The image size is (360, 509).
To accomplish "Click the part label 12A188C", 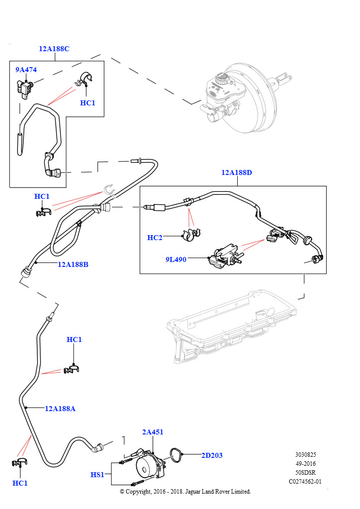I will coord(54,49).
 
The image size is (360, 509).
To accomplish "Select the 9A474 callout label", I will coord(26,70).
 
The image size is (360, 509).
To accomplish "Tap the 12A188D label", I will coord(237,172).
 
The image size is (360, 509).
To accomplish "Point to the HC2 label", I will coord(155,238).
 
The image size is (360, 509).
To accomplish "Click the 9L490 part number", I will coord(176,259).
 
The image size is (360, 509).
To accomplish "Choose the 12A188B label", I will coord(73,264).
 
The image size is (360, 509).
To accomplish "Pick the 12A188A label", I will coord(60,409).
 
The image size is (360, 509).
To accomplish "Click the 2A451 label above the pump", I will coord(153,432).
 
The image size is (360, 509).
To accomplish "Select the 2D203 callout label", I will coord(212,455).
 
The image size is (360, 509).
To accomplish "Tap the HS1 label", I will coord(97,475).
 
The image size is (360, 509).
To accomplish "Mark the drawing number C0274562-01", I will coord(305,481).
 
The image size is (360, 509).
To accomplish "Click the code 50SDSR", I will coord(305,472).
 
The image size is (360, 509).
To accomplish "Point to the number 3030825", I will coord(305,454).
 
